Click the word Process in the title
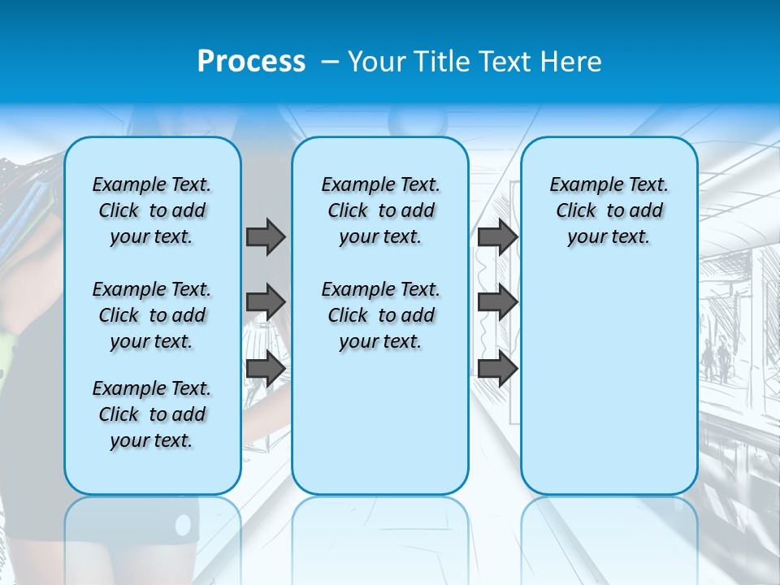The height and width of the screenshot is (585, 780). pos(251,61)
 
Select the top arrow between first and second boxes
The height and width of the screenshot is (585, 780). pos(266,236)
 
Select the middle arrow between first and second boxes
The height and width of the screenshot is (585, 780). pos(266,302)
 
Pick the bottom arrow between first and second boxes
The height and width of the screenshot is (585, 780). pos(266,369)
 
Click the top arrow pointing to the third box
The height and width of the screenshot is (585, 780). pos(497,236)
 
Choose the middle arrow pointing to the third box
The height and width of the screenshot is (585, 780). pos(497,302)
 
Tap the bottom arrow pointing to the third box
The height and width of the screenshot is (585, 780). pos(497,369)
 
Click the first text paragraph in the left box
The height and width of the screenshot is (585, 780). pos(152,210)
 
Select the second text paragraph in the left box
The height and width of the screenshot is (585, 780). pos(152,315)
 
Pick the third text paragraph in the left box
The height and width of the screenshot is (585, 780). pos(152,414)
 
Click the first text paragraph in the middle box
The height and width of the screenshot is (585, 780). pos(380,210)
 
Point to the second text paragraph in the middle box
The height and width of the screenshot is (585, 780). pos(380,315)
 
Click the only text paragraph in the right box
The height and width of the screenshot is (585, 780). pos(609,210)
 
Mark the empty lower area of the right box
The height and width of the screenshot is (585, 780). pos(609,382)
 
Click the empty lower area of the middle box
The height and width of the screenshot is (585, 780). pos(380,422)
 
